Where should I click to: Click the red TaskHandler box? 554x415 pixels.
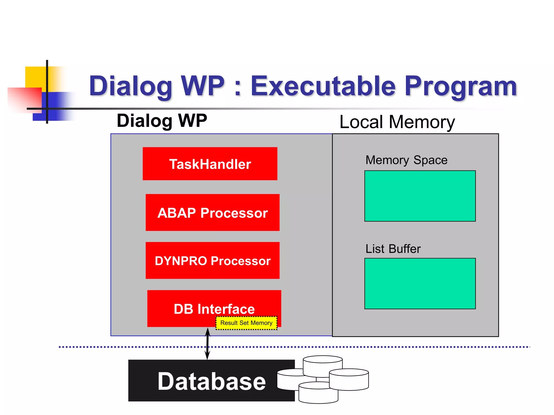210,164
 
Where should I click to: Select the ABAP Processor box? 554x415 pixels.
212,213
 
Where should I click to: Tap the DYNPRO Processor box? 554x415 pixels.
212,260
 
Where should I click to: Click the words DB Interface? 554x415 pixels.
214,309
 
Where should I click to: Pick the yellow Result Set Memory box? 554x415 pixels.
246,323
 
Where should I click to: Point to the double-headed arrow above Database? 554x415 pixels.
207,344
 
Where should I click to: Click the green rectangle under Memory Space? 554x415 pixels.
420,196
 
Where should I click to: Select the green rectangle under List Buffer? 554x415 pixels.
420,283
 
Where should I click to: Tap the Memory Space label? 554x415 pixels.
406,160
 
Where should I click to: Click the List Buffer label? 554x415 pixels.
393,249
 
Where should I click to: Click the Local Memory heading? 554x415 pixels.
397,122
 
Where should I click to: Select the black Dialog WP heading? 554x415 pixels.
162,121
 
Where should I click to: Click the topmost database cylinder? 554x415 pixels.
323,363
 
